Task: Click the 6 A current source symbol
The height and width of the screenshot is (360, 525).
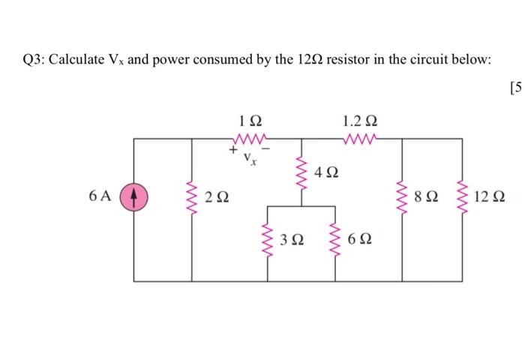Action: [x=134, y=198]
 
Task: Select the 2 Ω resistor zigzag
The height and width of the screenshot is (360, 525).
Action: [x=191, y=198]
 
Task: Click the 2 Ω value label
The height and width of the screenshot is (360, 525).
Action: [x=218, y=199]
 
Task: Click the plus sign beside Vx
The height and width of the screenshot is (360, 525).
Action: [x=233, y=152]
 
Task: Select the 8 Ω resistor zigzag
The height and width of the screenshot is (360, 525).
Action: [x=403, y=198]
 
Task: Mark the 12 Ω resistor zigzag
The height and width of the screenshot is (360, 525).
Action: [x=459, y=198]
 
